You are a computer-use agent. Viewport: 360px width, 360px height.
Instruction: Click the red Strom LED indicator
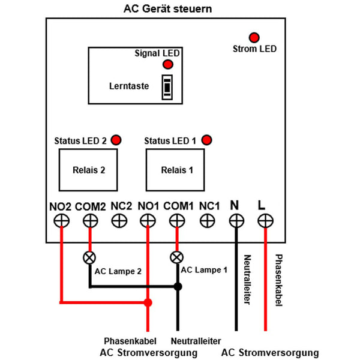pyautogui.click(x=254, y=37)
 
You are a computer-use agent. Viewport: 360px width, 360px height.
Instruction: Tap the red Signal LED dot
pyautogui.click(x=168, y=64)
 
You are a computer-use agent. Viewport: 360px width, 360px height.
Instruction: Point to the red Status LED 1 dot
pyautogui.click(x=207, y=140)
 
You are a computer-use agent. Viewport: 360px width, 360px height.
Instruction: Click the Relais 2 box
pyautogui.click(x=88, y=170)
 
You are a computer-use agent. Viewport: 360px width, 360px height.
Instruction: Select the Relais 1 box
pyautogui.click(x=177, y=170)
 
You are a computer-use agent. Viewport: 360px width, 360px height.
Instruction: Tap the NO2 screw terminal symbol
pyautogui.click(x=61, y=221)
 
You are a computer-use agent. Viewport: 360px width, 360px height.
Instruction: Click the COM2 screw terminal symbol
pyautogui.click(x=90, y=221)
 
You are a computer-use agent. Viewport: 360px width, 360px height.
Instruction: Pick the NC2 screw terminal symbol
pyautogui.click(x=119, y=221)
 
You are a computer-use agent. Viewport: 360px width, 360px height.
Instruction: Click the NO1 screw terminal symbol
pyautogui.click(x=148, y=221)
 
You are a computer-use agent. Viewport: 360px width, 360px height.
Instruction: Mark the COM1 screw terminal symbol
pyautogui.click(x=177, y=221)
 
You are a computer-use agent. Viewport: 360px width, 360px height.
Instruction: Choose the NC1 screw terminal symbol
pyautogui.click(x=207, y=221)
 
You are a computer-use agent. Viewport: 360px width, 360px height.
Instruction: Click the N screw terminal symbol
pyautogui.click(x=236, y=221)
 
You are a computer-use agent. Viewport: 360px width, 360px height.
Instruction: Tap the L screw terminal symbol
pyautogui.click(x=265, y=221)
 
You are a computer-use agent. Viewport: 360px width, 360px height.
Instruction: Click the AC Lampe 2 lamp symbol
pyautogui.click(x=90, y=258)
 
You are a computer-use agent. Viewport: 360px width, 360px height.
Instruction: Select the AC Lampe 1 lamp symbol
pyautogui.click(x=177, y=258)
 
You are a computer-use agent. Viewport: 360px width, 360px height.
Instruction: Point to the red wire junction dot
pyautogui.click(x=148, y=302)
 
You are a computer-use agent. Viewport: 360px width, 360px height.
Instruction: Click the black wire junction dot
pyautogui.click(x=178, y=287)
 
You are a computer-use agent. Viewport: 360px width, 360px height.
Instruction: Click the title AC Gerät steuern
pyautogui.click(x=167, y=9)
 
